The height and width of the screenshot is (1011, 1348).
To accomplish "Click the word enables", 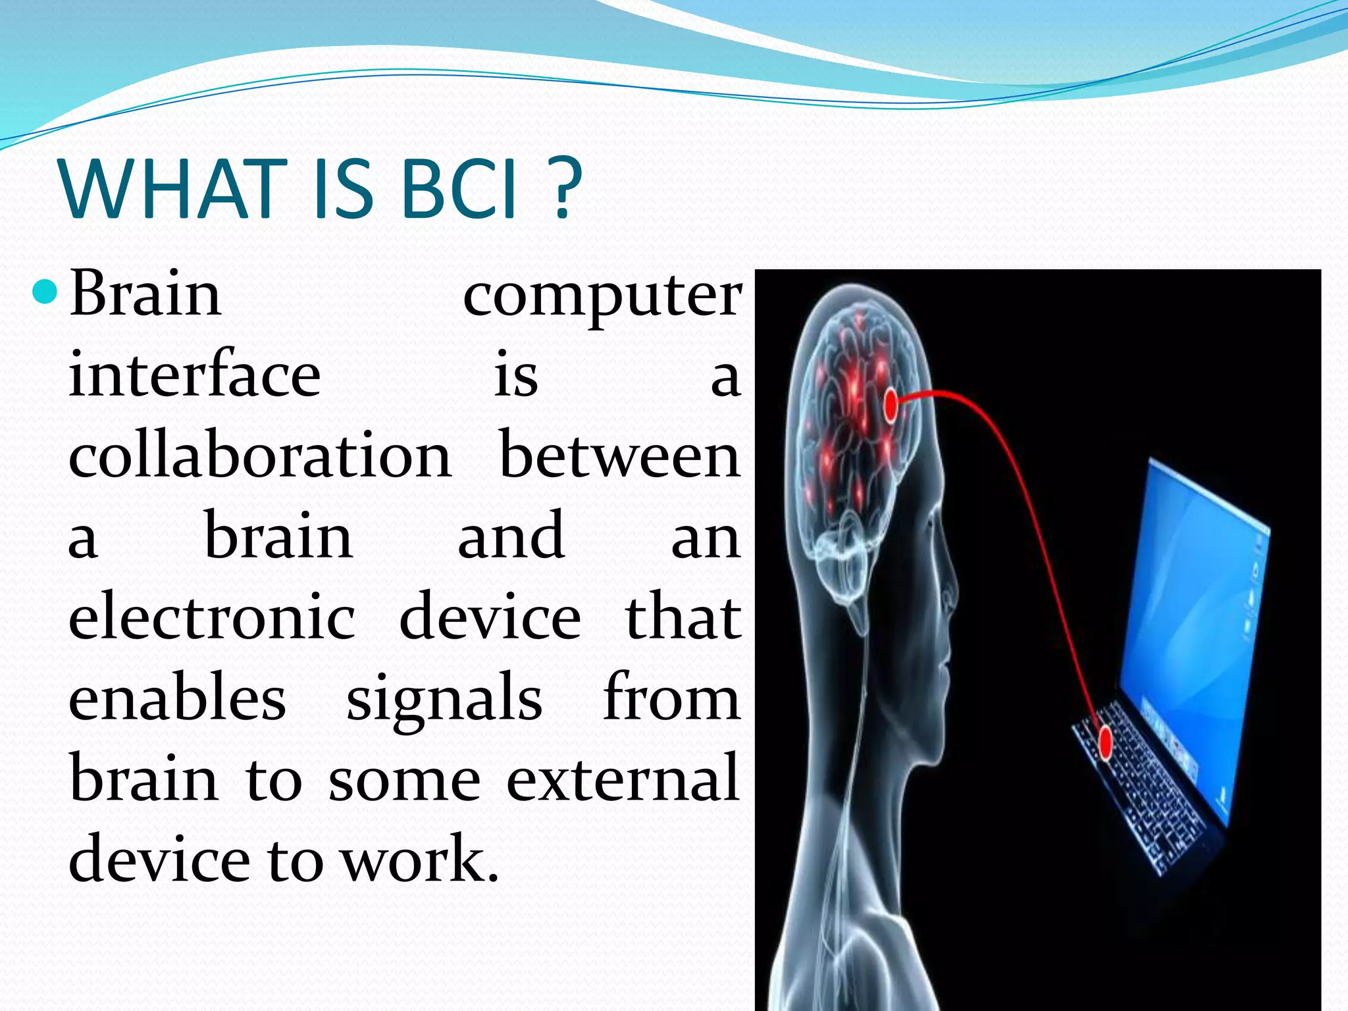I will coord(177,698).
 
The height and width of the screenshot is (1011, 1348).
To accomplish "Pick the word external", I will coord(622,779).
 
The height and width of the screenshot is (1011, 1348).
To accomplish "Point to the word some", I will coord(404,781).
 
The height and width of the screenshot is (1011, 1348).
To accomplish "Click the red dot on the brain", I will coord(890,405).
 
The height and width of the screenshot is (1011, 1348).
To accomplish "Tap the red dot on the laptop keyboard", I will coord(1106,742).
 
